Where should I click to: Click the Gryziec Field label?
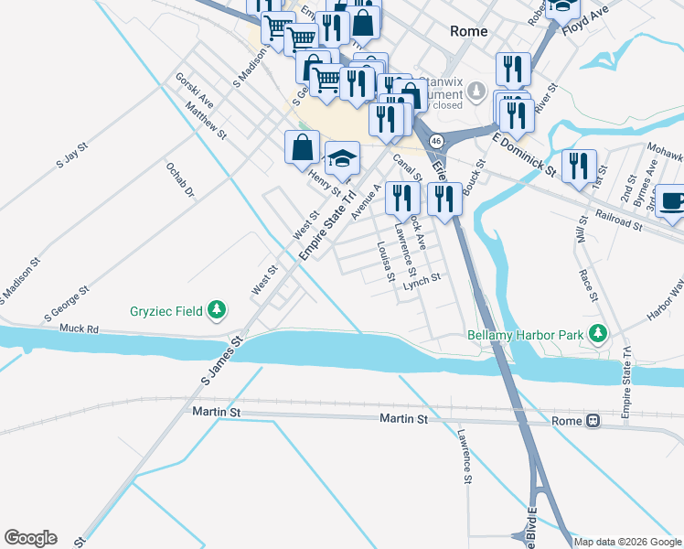pyautogui.click(x=164, y=311)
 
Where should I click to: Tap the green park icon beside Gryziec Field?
pyautogui.click(x=217, y=311)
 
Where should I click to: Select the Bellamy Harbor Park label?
pyautogui.click(x=526, y=334)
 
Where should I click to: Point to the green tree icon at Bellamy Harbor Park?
pyautogui.click(x=599, y=333)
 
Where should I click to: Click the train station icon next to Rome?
pyautogui.click(x=593, y=421)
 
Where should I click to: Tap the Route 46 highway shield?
pyautogui.click(x=436, y=141)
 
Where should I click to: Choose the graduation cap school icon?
pyautogui.click(x=342, y=159)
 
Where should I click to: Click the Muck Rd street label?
pyautogui.click(x=79, y=328)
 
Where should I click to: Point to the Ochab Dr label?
pyautogui.click(x=180, y=180)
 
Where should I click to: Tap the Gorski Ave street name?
pyautogui.click(x=195, y=91)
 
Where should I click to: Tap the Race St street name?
pyautogui.click(x=588, y=285)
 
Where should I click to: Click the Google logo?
pyautogui.click(x=30, y=538)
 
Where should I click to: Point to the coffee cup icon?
pyautogui.click(x=671, y=201)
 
